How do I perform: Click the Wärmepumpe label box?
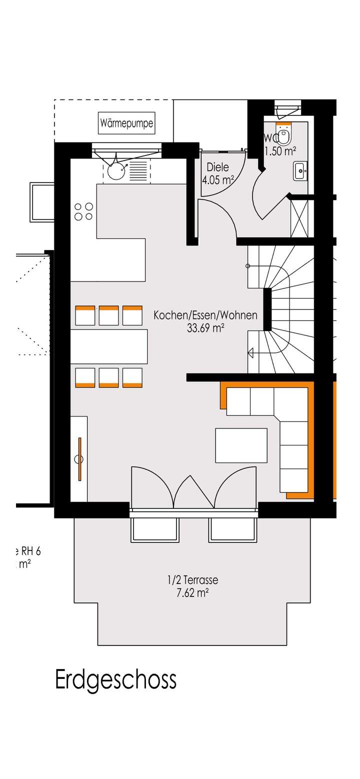126,123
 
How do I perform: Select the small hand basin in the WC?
300,170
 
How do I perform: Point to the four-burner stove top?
83,211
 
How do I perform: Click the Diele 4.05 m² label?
217,174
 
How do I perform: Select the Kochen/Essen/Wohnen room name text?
205,315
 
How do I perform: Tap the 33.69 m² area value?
205,328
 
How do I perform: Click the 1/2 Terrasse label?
192,580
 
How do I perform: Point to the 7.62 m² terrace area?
192,593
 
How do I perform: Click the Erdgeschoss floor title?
115,680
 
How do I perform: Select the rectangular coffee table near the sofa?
241,445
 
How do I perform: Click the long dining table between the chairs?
109,346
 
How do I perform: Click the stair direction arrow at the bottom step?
251,353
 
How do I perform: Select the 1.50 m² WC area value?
280,151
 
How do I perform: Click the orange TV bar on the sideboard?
79,459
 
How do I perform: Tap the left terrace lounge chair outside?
154,530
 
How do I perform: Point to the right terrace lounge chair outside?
232,530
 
